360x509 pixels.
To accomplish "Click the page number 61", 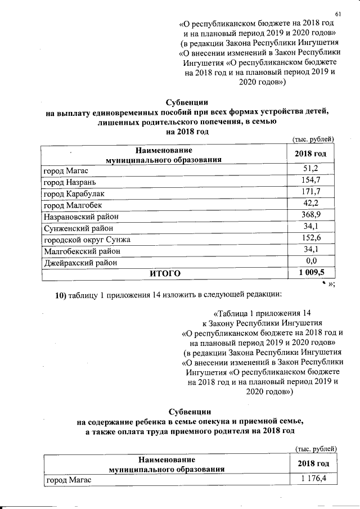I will point(338,13).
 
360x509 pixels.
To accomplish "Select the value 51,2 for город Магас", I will point(311,170).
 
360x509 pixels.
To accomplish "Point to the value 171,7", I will point(311,192).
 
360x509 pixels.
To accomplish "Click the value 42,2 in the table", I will point(311,204).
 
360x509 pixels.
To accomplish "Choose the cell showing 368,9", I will point(311,215).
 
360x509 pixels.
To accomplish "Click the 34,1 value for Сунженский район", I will point(311,227).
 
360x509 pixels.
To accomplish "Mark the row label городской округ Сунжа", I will point(85,240).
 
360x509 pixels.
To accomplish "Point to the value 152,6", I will point(311,238).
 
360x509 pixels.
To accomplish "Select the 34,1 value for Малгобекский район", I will point(311,250).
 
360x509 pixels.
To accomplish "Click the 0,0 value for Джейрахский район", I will point(311,262).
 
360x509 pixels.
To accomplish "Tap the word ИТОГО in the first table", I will point(164,274).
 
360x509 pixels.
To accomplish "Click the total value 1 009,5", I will point(311,273).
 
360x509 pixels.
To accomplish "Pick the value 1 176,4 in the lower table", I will point(313,479).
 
